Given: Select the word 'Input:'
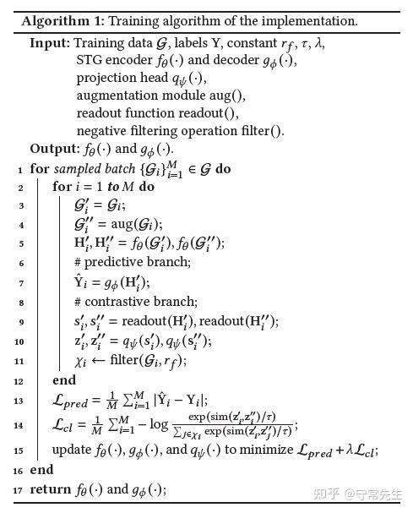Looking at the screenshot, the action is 50,42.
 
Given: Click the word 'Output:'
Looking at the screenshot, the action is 54,149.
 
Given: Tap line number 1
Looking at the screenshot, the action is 18,169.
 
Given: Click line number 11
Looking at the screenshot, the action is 19,361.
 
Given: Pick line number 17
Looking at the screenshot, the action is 19,490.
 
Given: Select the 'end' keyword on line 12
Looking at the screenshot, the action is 63,380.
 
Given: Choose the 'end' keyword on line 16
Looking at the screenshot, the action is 41,470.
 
